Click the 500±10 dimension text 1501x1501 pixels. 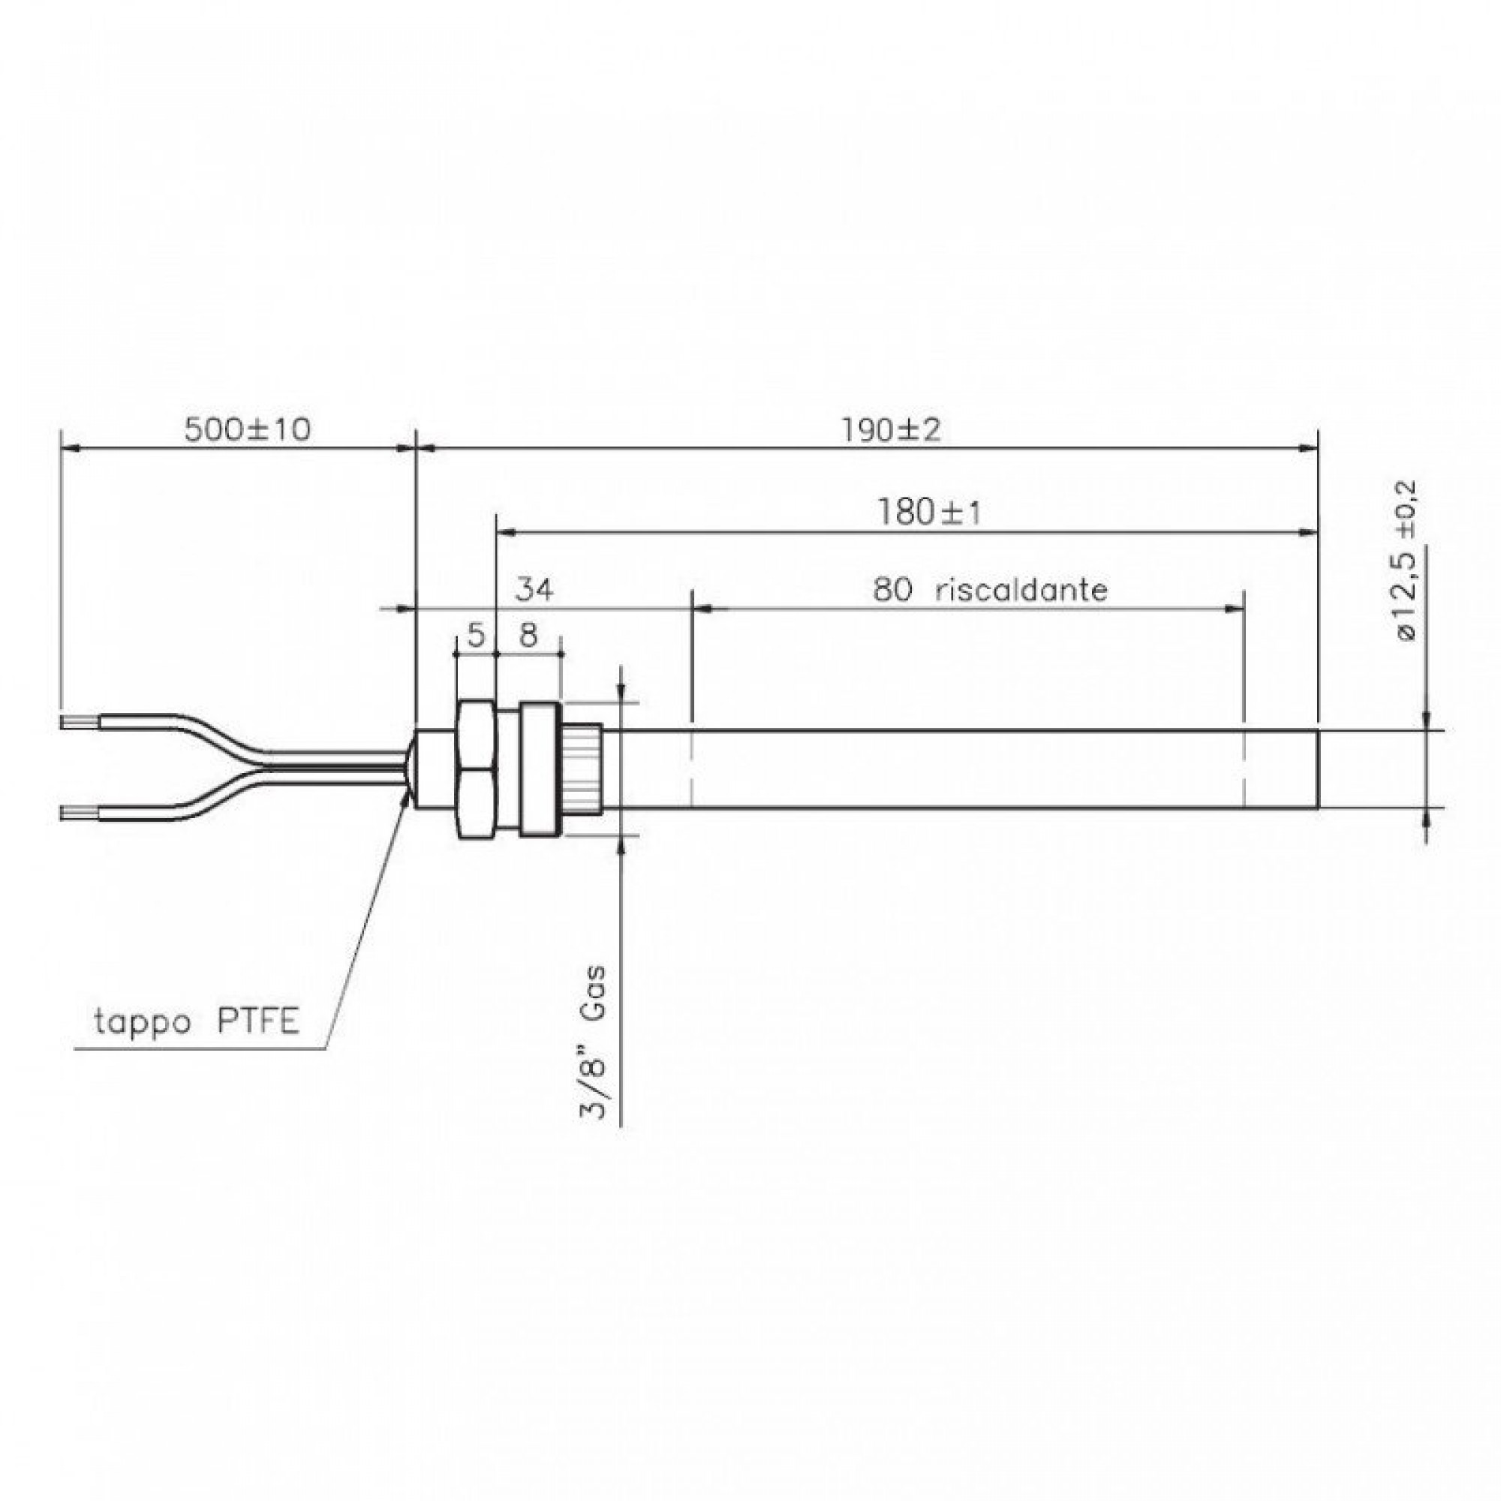[247, 429]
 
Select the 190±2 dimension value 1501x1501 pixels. [891, 429]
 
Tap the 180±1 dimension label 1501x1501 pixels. [929, 513]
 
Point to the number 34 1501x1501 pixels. [535, 591]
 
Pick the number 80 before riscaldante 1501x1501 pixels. [891, 591]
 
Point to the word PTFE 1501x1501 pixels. [257, 1022]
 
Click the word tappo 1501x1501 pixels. [142, 1023]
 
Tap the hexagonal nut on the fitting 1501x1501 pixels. [475, 769]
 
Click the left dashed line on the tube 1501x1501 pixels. [690, 769]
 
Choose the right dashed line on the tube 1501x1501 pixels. [1244, 769]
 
